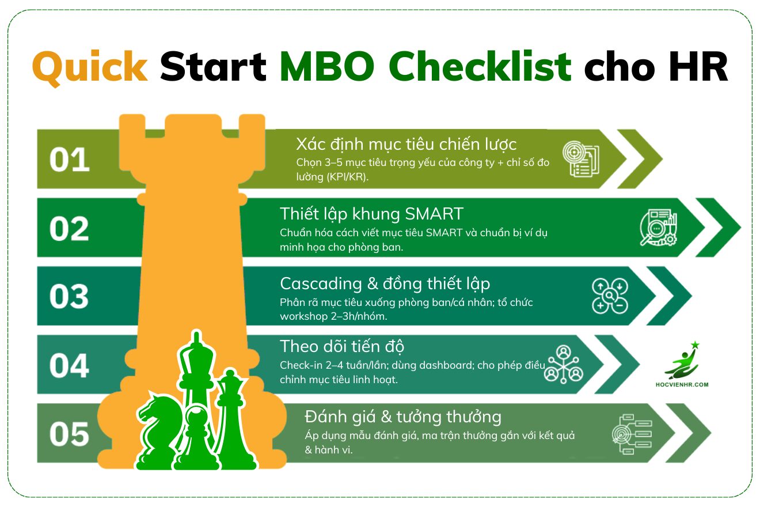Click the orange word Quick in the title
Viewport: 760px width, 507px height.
tap(90, 67)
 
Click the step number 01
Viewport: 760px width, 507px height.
tap(70, 160)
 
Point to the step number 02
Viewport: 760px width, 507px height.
tap(69, 229)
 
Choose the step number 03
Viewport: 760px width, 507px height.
tap(69, 297)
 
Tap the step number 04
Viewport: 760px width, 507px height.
tap(69, 366)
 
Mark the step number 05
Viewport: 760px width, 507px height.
tap(69, 434)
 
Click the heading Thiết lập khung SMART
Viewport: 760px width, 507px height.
tap(371, 215)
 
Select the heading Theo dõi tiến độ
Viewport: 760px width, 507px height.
tap(342, 347)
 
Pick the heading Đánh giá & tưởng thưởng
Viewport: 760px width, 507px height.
tap(402, 417)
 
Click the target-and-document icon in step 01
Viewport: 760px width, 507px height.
tap(581, 158)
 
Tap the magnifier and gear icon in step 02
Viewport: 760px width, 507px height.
tap(658, 228)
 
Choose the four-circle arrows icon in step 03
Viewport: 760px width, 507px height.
tap(610, 296)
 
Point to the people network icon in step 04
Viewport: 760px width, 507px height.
tap(564, 365)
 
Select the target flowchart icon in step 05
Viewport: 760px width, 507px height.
tap(632, 434)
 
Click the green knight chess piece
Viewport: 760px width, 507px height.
tap(159, 430)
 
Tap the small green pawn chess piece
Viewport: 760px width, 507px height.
tap(196, 438)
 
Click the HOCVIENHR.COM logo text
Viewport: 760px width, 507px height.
tap(682, 385)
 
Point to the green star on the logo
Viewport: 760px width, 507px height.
tap(695, 345)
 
